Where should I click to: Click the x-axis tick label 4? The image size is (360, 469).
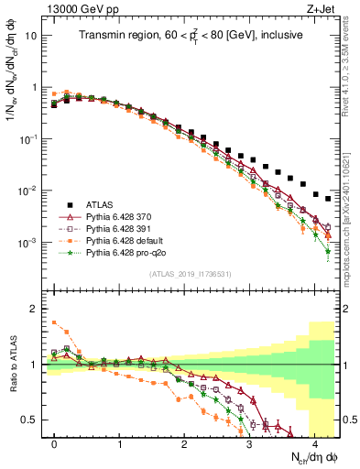point(313,443)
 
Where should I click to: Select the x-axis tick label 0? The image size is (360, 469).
point(55,443)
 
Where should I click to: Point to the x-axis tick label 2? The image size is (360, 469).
point(184,443)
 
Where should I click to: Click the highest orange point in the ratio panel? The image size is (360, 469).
point(54,322)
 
